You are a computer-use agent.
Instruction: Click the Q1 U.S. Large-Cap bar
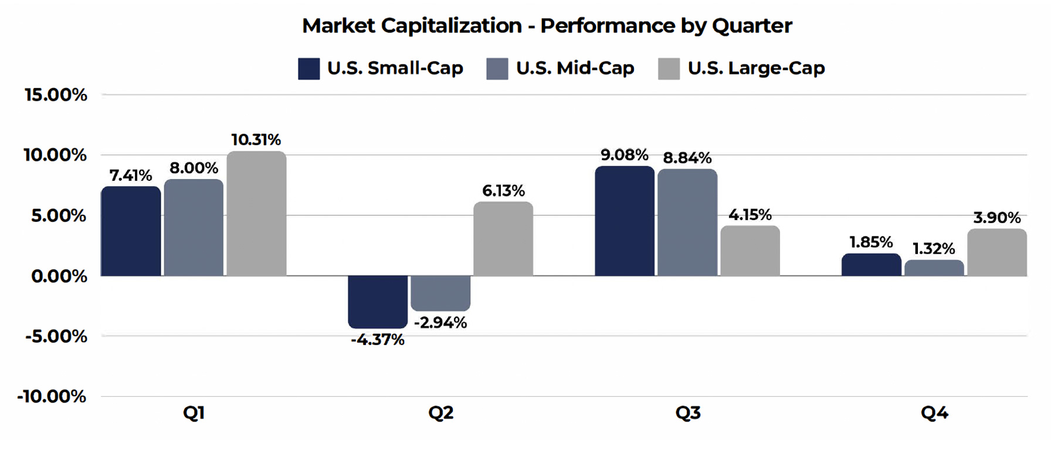(x=256, y=214)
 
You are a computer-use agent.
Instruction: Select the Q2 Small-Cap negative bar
(x=378, y=302)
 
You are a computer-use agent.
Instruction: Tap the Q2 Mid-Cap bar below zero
(x=440, y=293)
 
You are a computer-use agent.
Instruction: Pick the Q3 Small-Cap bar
(x=625, y=221)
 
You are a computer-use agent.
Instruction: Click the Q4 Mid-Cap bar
(x=934, y=268)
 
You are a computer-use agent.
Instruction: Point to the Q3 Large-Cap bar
(x=750, y=251)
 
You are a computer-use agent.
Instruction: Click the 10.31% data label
(x=256, y=140)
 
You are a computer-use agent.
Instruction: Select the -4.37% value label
(x=378, y=340)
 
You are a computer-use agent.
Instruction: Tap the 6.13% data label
(x=503, y=191)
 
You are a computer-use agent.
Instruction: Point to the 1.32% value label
(x=934, y=249)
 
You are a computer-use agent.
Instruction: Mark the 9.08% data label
(x=625, y=155)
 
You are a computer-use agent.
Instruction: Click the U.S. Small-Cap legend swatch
(x=308, y=69)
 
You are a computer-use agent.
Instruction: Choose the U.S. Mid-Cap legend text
(x=575, y=68)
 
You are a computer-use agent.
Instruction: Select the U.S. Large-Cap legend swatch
(x=669, y=69)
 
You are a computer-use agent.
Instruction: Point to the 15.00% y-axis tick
(x=56, y=94)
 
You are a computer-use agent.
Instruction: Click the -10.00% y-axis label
(x=52, y=396)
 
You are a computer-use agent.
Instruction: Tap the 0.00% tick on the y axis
(x=59, y=276)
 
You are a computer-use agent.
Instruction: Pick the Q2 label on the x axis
(x=440, y=413)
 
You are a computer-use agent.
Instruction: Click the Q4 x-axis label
(x=934, y=413)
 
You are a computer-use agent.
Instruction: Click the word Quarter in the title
(x=752, y=26)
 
